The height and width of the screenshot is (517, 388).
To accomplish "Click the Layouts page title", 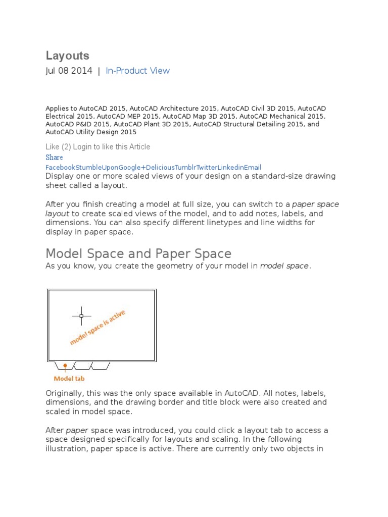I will coord(67,56).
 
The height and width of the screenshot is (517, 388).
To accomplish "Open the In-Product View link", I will coord(137,71).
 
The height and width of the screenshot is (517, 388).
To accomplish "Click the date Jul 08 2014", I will coord(69,71).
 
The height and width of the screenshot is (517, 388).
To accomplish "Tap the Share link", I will coord(54,157).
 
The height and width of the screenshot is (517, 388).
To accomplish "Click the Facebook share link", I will coord(61,167).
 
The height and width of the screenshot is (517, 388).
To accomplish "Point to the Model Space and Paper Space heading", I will coord(138,253).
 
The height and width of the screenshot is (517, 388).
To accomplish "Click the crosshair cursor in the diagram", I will coord(81,316).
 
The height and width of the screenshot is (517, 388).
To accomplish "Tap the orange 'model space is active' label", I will coord(98,327).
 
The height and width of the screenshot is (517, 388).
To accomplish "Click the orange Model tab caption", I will coord(69,378).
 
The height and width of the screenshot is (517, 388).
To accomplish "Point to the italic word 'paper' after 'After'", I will coord(77,430).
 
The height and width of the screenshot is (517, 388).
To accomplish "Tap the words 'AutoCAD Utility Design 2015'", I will coord(91,132).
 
